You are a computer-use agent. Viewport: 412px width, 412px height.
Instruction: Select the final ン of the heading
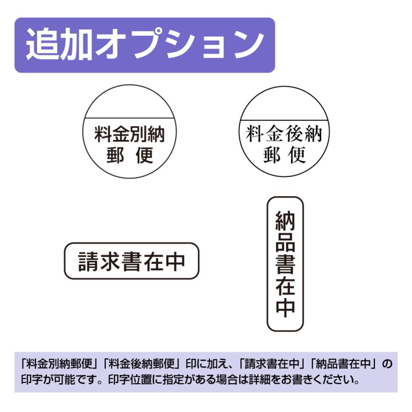point(249,45)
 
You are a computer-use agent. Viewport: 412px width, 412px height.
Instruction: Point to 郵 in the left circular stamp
point(115,156)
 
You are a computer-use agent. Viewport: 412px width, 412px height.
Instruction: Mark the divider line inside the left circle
point(130,119)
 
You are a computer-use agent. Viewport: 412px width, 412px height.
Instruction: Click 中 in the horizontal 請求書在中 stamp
point(174,261)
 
